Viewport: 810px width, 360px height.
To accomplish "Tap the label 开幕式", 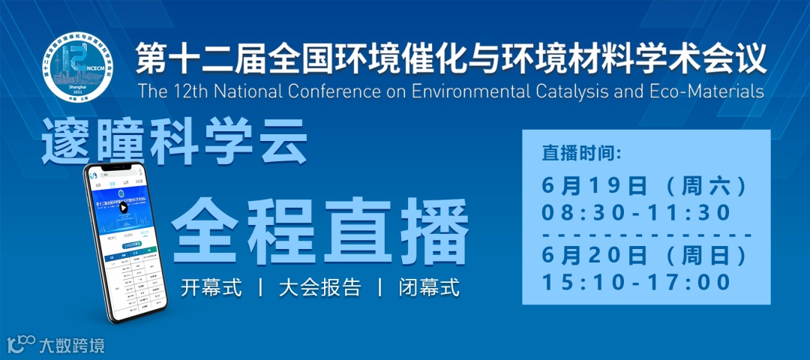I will pyautogui.click(x=211, y=288).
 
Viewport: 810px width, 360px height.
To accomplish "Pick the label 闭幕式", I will pyautogui.click(x=428, y=288).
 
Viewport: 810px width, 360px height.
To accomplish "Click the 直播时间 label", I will pyautogui.click(x=581, y=155).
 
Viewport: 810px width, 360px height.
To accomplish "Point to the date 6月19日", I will pyautogui.click(x=593, y=185).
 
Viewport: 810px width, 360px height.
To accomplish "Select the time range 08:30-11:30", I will pyautogui.click(x=636, y=213).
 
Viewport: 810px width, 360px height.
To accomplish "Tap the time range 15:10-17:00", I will pyautogui.click(x=636, y=283).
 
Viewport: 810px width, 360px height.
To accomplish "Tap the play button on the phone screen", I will pyautogui.click(x=124, y=208).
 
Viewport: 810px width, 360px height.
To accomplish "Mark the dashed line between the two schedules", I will pyautogui.click(x=646, y=235).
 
